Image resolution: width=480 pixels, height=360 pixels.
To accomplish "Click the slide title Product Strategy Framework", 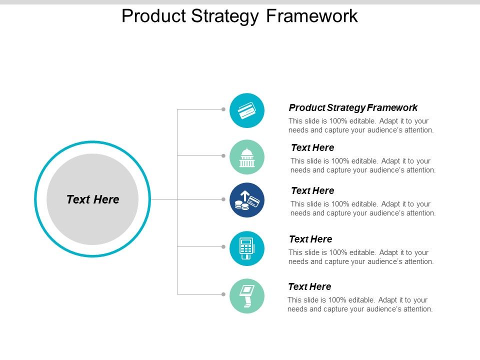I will click(239, 16).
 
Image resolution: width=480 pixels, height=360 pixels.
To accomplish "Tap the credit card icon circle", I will click(246, 110).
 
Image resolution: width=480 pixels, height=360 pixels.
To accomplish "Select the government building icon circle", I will click(246, 157).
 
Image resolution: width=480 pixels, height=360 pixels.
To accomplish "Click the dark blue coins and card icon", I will click(247, 200).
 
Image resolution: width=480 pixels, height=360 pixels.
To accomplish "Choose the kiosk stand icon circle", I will click(246, 296).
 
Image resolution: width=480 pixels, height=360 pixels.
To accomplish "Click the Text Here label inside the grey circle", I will click(93, 199).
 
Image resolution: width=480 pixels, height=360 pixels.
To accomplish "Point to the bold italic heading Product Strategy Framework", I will click(353, 107).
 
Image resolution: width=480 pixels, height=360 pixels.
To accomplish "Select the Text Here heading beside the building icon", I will click(312, 147).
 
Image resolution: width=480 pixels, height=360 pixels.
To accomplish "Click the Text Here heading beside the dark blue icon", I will click(312, 190).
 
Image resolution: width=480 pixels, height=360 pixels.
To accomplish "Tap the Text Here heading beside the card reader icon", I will click(310, 239).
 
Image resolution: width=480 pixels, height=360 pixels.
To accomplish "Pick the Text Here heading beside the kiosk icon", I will click(309, 286).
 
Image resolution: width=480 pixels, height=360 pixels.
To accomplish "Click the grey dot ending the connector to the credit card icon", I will click(223, 108).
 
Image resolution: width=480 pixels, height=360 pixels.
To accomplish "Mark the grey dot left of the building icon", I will click(223, 155).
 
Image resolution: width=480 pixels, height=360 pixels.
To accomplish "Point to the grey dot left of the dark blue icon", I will click(223, 199).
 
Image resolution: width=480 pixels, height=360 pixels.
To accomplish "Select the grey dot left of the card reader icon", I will click(223, 246).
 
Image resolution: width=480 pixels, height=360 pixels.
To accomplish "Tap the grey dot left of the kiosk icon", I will click(223, 294).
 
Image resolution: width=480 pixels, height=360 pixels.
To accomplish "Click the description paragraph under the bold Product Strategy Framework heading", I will click(361, 125).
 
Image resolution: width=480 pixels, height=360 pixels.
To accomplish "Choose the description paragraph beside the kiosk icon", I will click(360, 304).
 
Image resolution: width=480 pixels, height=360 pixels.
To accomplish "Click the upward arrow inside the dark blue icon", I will click(245, 194).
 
